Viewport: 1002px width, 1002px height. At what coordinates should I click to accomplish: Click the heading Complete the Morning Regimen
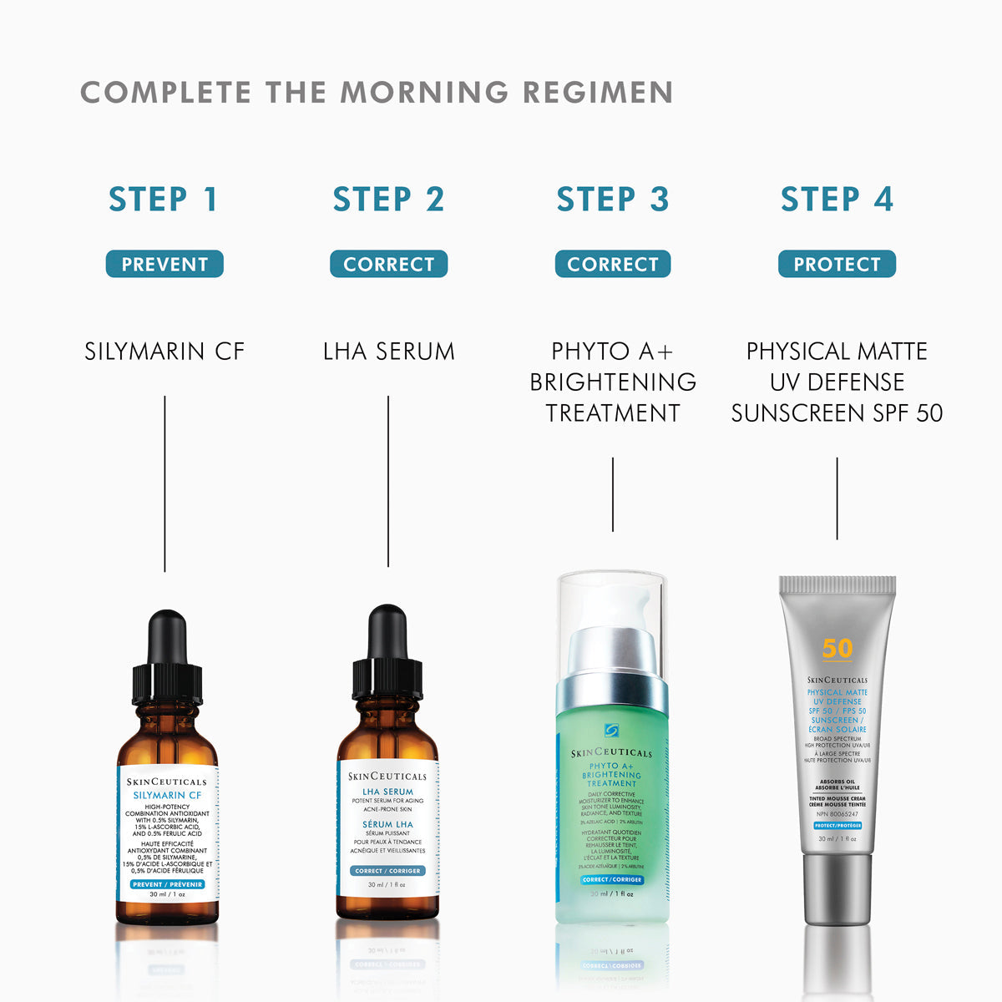tap(377, 93)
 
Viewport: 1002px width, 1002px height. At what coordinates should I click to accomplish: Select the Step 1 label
tap(164, 200)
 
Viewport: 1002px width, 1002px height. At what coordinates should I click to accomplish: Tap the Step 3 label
tap(613, 200)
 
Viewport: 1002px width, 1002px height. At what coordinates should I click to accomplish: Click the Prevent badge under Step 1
tap(164, 264)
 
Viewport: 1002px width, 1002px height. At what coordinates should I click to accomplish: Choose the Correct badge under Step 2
tap(388, 264)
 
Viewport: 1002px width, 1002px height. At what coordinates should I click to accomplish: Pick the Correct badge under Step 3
tap(613, 264)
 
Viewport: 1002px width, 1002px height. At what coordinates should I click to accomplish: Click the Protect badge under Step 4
tap(837, 264)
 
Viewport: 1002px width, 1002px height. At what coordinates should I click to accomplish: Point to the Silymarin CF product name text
tap(164, 352)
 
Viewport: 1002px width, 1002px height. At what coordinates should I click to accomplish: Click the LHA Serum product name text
tap(388, 352)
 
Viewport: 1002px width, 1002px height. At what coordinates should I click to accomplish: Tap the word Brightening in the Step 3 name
tap(613, 382)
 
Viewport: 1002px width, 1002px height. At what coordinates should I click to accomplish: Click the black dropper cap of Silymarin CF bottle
tap(167, 660)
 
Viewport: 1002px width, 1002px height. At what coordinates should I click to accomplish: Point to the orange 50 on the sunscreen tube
tap(837, 649)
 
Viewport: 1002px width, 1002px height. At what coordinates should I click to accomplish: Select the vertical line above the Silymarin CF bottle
tap(164, 484)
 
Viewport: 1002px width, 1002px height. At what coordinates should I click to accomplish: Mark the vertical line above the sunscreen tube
tap(837, 498)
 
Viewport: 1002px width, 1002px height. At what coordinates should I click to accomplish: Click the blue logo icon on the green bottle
tap(612, 731)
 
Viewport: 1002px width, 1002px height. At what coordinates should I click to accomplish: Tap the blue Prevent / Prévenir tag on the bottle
tap(167, 884)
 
